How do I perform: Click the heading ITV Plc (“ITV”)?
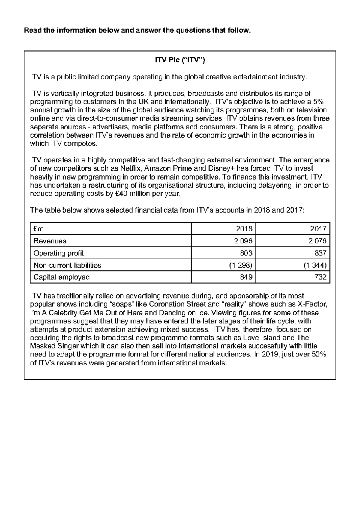[180, 60]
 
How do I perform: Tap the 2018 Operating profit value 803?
[246, 253]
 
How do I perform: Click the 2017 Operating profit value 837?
[321, 253]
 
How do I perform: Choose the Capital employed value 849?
[246, 277]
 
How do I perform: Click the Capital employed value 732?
[321, 277]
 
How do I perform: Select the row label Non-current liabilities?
[67, 265]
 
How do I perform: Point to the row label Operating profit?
[58, 253]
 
